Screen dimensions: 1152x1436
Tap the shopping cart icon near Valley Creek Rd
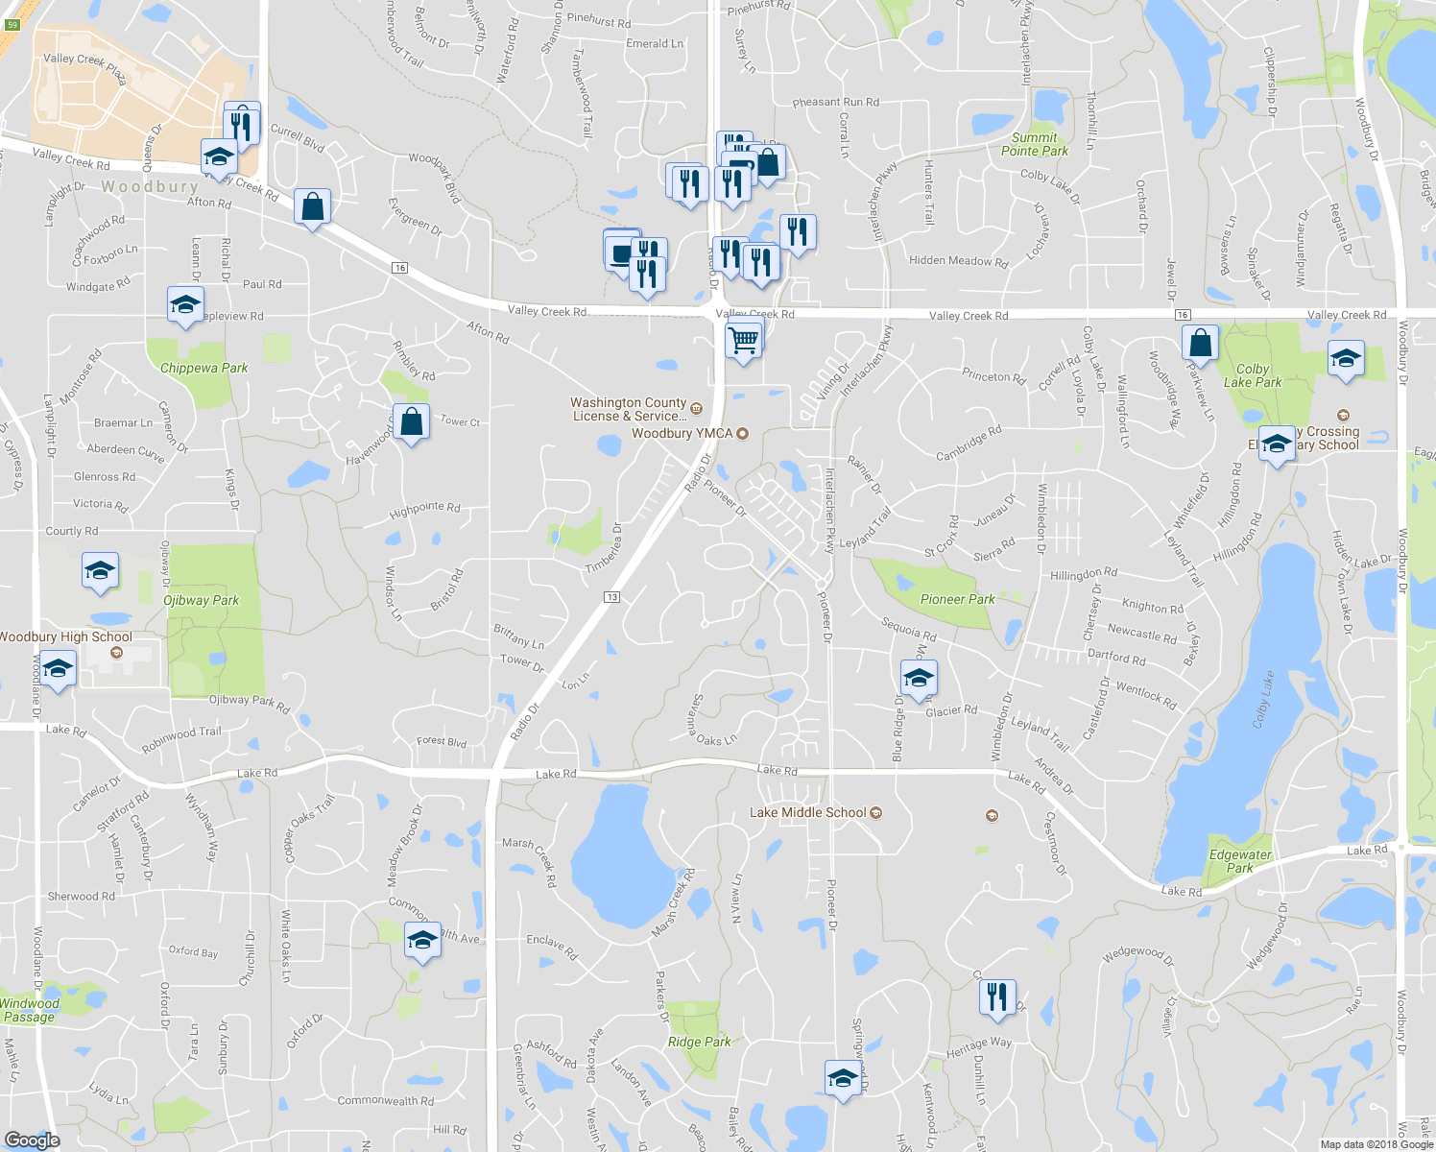744,340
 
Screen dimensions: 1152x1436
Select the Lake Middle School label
807,813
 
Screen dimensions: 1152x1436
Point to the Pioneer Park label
957,599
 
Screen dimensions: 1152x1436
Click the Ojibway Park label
201,601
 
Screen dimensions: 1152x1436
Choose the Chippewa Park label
203,368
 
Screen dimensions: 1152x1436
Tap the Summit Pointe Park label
1034,144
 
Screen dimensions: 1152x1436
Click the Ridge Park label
699,1042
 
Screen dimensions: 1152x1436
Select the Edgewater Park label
1240,861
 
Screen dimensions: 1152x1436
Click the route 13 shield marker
611,597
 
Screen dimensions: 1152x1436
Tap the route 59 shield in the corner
12,25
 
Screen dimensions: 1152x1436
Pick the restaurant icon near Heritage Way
997,996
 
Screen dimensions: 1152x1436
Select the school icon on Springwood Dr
842,1077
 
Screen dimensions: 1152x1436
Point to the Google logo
33,1140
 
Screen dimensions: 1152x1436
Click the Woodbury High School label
65,636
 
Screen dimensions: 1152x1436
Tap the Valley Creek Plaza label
84,68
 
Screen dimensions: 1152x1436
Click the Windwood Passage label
30,1010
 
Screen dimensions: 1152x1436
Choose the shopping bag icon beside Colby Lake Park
1200,342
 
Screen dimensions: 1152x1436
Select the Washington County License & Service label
629,409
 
